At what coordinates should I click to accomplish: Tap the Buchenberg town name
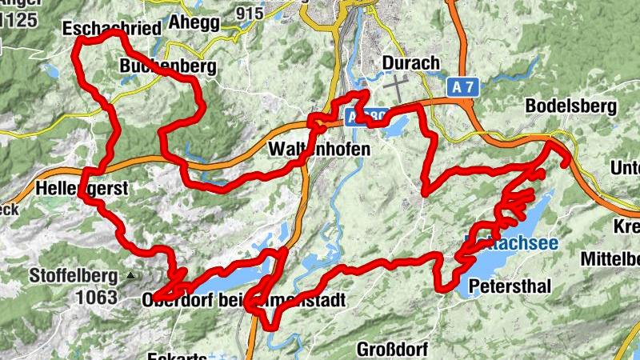click(167, 67)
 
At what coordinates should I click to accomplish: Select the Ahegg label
click(193, 22)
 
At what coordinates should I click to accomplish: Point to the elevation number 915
click(250, 14)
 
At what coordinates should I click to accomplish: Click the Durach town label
click(411, 63)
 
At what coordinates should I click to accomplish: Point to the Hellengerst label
click(82, 190)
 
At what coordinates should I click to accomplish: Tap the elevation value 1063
click(98, 298)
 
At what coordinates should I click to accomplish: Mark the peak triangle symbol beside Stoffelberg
click(130, 277)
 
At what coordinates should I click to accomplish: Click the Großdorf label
click(392, 349)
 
